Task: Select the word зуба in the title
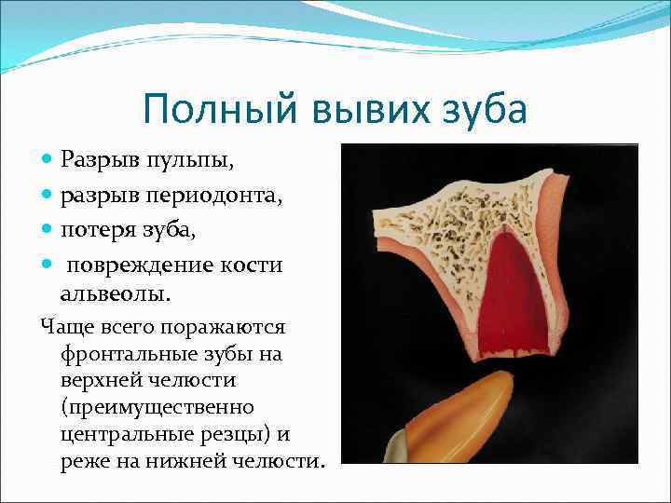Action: coord(482,110)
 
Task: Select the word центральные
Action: coord(124,434)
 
